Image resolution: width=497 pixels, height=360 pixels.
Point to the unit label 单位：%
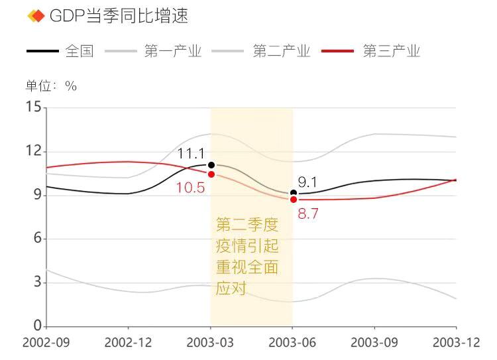[x=52, y=86]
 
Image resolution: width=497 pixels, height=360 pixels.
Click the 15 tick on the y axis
[x=33, y=107]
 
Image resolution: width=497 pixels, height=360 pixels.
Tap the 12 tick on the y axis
[x=33, y=151]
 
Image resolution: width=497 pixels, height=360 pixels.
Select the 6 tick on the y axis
[x=37, y=239]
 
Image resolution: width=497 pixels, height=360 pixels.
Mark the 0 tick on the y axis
[x=37, y=326]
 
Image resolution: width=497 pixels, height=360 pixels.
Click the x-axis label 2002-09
[x=46, y=343]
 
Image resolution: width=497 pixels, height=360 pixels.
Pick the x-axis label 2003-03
[x=211, y=343]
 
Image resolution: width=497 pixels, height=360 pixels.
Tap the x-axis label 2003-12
[x=456, y=343]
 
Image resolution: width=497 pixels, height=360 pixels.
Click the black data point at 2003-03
[x=211, y=164]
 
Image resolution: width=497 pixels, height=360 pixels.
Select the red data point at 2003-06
[x=294, y=200]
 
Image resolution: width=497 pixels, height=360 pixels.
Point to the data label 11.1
[x=190, y=154]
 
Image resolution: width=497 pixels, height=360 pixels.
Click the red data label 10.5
[x=190, y=188]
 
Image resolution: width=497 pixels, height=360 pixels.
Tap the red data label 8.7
[x=309, y=213]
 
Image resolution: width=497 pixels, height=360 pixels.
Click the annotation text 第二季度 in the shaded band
[x=243, y=225]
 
